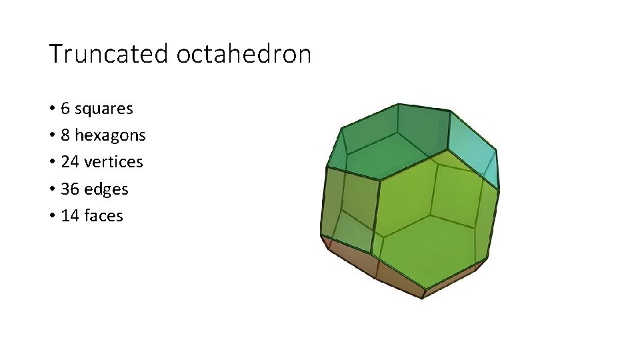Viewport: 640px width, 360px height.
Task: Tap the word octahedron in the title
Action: pos(244,54)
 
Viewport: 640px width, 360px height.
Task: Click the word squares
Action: pos(104,108)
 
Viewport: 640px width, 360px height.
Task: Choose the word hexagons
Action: pos(110,135)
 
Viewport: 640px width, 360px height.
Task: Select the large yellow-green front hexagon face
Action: pos(430,213)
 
